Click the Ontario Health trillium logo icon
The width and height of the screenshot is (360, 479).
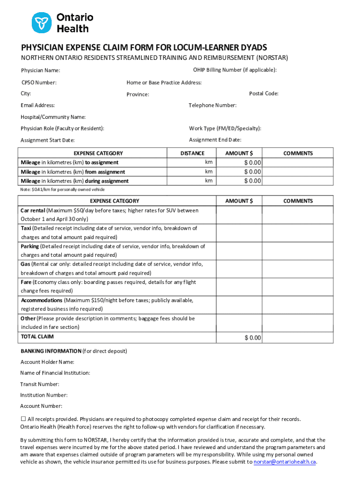click(x=41, y=22)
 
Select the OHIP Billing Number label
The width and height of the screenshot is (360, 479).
click(x=235, y=70)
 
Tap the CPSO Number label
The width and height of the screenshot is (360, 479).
click(x=39, y=82)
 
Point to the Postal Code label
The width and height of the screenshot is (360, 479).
click(x=264, y=93)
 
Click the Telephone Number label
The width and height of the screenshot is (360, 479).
click(x=212, y=105)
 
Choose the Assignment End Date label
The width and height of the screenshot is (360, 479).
click(x=215, y=139)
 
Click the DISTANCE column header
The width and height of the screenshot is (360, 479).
click(x=192, y=153)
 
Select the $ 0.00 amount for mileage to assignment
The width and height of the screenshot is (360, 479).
click(x=252, y=162)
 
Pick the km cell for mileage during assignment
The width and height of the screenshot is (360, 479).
click(x=209, y=181)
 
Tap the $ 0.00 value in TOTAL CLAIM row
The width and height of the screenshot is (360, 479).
click(x=252, y=338)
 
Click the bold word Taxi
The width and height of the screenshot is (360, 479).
click(x=26, y=228)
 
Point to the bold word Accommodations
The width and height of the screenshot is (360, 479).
click(x=42, y=300)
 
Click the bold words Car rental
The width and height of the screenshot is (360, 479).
click(x=32, y=210)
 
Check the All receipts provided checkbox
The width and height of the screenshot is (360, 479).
click(x=23, y=419)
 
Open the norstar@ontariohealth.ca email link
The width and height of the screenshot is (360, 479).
click(x=285, y=462)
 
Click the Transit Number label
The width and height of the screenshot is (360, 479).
click(x=40, y=384)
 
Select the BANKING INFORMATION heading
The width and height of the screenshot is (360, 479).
click(x=51, y=351)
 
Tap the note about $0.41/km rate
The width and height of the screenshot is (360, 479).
click(x=62, y=189)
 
